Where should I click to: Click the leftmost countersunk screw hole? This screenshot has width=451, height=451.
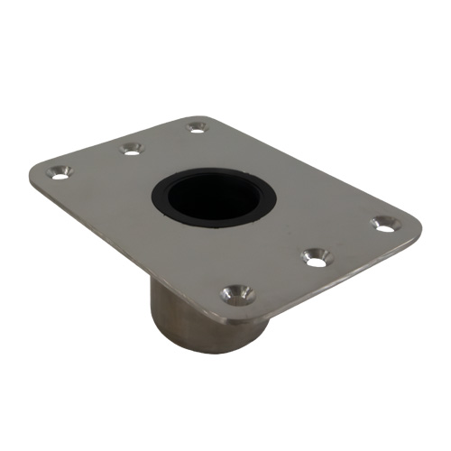click(x=60, y=171)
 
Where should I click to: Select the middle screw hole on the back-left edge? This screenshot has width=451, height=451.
click(x=133, y=147)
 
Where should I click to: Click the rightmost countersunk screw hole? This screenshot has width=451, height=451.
click(x=385, y=223)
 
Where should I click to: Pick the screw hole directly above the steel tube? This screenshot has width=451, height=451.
click(x=237, y=292)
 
